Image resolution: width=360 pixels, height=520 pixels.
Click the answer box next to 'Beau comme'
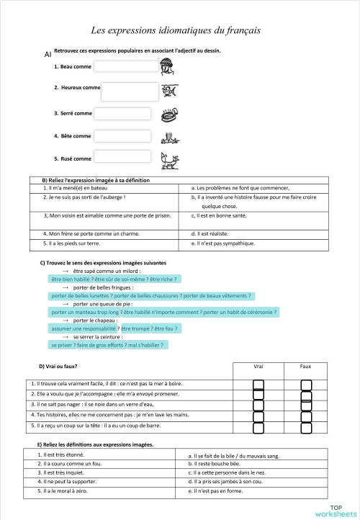coord(125,66)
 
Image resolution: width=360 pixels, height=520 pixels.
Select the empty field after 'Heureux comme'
coord(130,91)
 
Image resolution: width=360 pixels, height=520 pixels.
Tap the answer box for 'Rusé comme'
coord(122,157)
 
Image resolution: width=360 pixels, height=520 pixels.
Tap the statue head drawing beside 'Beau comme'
coord(168,67)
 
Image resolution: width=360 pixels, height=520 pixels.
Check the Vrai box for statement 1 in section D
coord(259,384)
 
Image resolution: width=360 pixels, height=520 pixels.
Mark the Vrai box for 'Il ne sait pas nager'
coord(259,405)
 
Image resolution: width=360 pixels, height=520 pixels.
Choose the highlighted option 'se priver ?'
coord(63,345)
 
